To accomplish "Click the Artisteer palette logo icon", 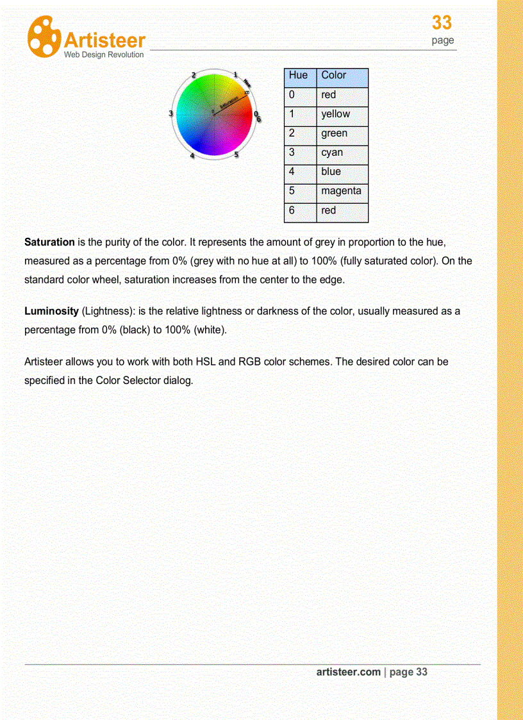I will [44, 37].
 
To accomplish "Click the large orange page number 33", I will [442, 23].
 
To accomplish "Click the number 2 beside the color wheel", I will [194, 76].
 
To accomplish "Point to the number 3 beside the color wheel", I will [170, 113].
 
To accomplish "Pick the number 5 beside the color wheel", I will [236, 155].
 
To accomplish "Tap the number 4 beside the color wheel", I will [192, 155].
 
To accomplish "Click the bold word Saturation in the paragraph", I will [49, 242].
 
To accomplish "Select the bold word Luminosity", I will [51, 312].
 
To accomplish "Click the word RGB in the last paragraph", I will [249, 362].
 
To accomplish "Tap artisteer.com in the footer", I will [348, 672].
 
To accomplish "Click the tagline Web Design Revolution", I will [104, 55].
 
